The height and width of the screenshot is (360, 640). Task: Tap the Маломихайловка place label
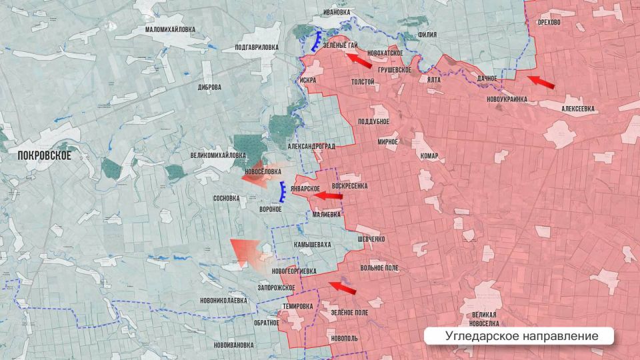[171, 29]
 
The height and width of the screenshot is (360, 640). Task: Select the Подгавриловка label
[257, 47]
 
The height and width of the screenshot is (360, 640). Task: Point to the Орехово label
[548, 22]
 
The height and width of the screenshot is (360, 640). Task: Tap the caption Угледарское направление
[519, 336]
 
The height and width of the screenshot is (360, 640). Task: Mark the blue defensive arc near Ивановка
[315, 41]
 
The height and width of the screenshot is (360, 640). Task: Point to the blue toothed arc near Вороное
[283, 192]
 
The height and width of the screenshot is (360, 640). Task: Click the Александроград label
[311, 145]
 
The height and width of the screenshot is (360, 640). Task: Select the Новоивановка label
[234, 345]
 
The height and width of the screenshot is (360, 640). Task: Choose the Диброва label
[209, 87]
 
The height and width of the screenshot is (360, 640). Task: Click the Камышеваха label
[312, 245]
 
